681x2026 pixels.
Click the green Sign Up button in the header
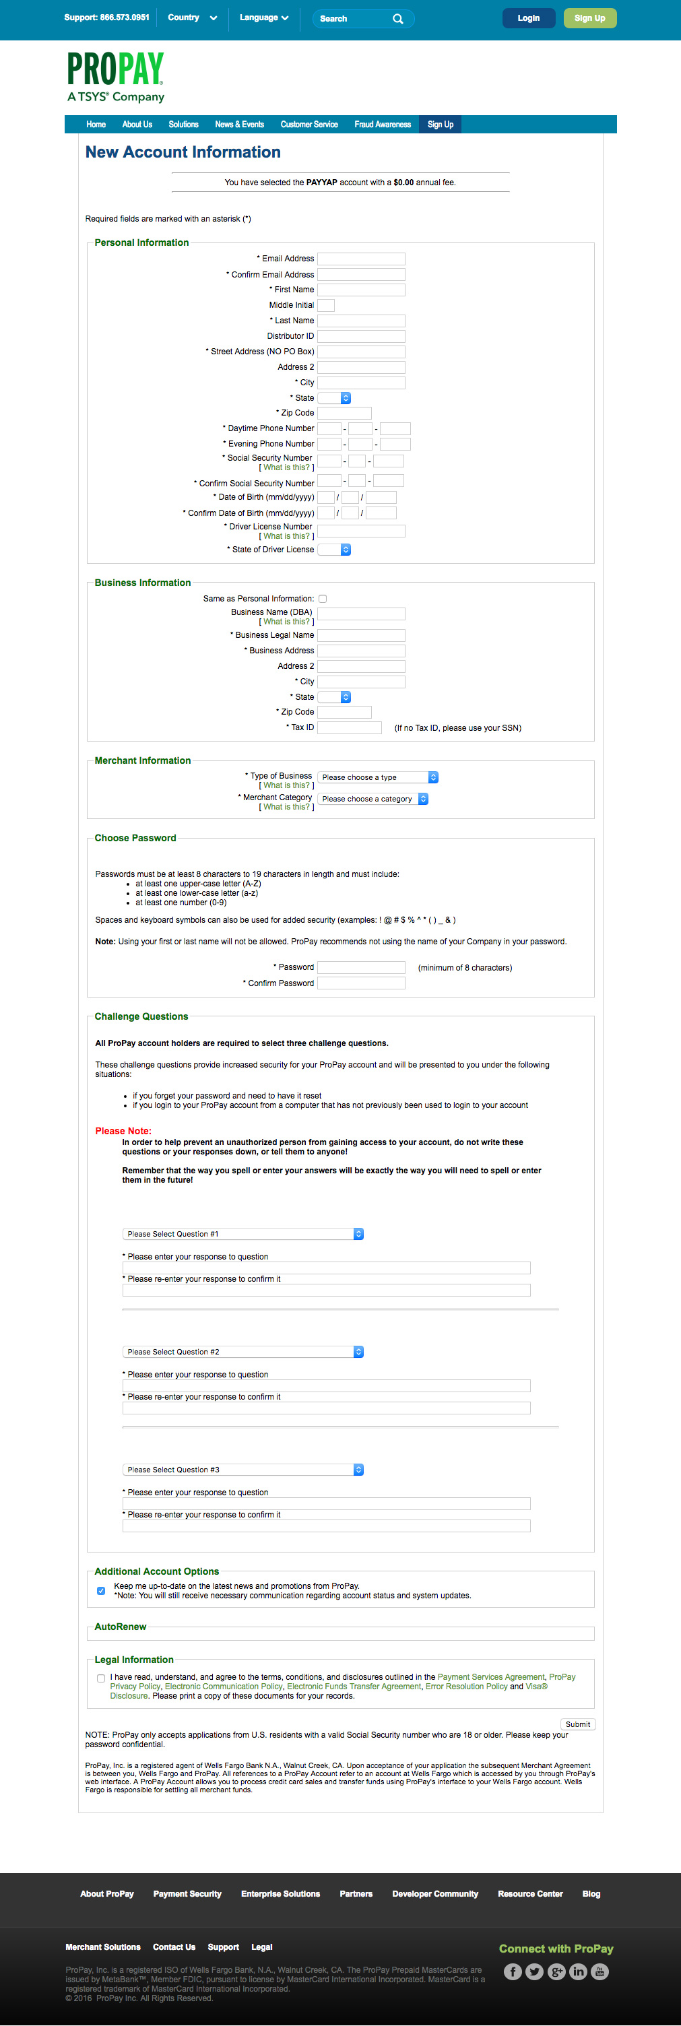click(590, 18)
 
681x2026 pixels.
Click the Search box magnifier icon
click(398, 19)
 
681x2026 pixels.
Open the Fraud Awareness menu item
click(382, 124)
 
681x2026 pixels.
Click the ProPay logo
click(116, 77)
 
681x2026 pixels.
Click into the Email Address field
click(361, 259)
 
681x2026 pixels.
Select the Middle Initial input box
click(325, 305)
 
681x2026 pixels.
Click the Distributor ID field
click(361, 336)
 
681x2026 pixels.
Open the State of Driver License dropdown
click(334, 550)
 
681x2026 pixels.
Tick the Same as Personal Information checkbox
click(323, 599)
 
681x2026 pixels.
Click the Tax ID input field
click(349, 727)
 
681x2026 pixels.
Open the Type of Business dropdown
click(377, 777)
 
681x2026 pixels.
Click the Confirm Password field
click(361, 983)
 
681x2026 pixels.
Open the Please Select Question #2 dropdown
click(243, 1352)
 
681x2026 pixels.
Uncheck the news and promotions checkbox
click(100, 1590)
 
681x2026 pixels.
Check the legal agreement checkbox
click(100, 1678)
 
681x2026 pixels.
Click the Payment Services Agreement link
click(490, 1677)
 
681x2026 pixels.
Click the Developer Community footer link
click(435, 1894)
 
